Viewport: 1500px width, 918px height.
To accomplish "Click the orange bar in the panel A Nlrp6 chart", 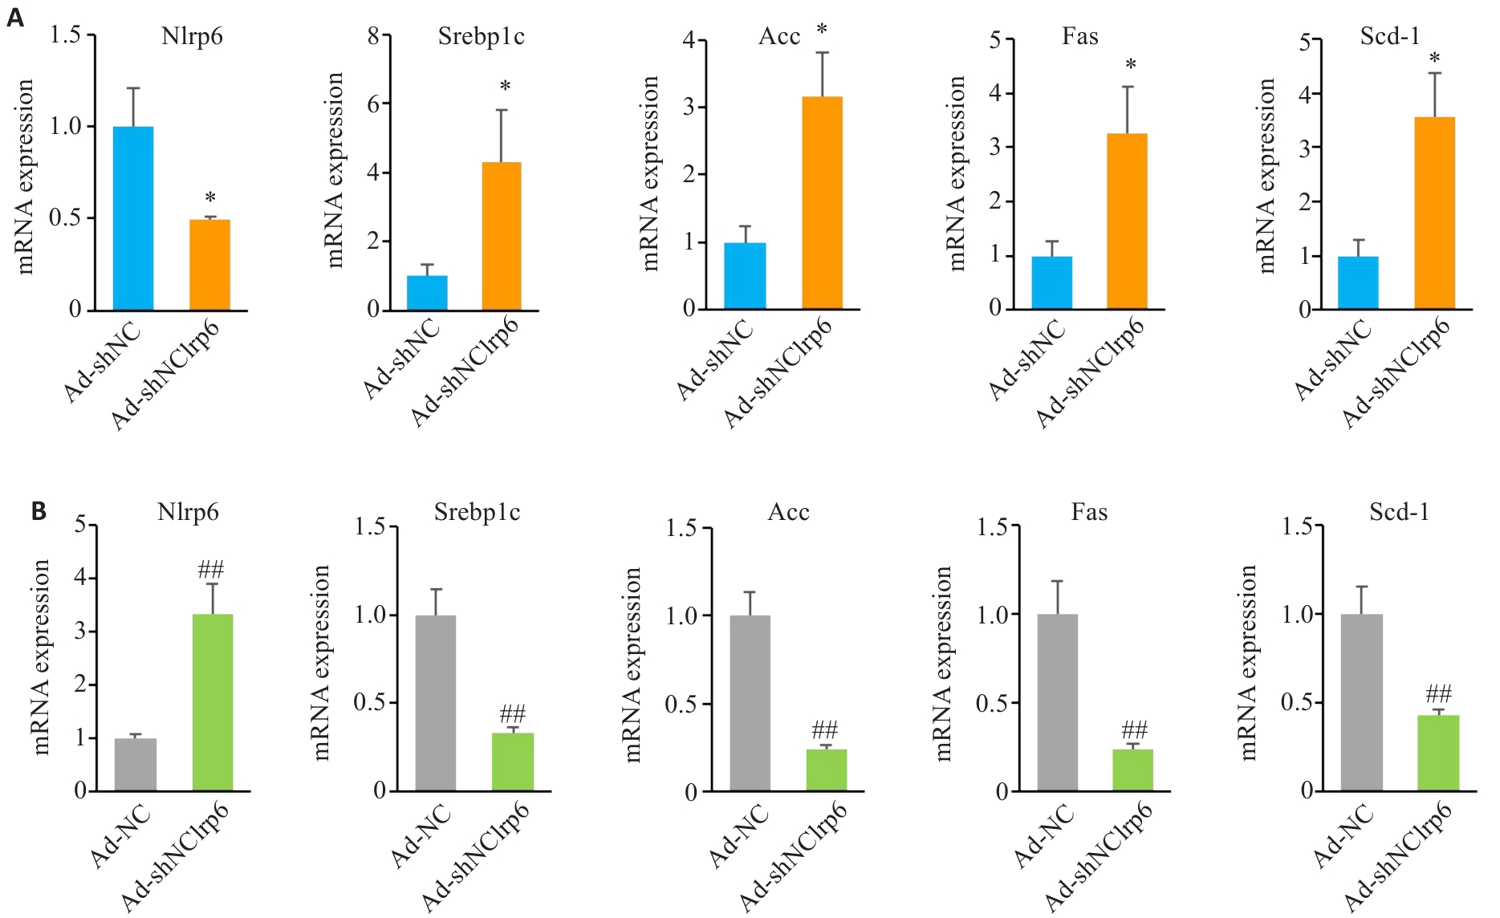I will pyautogui.click(x=209, y=265).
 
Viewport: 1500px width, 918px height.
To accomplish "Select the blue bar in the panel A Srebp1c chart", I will pyautogui.click(x=427, y=293).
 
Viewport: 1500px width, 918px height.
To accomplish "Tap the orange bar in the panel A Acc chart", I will pyautogui.click(x=822, y=203).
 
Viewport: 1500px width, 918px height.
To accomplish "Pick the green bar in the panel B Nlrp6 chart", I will pyautogui.click(x=213, y=702).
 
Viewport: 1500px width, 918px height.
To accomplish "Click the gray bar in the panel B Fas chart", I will pyautogui.click(x=1057, y=702).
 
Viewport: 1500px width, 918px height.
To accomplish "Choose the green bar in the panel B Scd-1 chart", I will pyautogui.click(x=1438, y=753).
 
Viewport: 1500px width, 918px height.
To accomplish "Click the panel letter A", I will pyautogui.click(x=15, y=18).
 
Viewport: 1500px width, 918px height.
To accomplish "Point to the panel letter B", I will pyautogui.click(x=39, y=511).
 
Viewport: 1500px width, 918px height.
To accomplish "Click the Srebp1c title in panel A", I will pyautogui.click(x=481, y=37).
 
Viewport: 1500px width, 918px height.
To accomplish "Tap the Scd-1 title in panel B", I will pyautogui.click(x=1399, y=512).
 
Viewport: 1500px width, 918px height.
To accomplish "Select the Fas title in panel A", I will pyautogui.click(x=1079, y=37).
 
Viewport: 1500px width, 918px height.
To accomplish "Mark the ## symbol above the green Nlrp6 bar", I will pyautogui.click(x=211, y=571).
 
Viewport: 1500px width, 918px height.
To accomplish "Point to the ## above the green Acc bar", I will pyautogui.click(x=825, y=730).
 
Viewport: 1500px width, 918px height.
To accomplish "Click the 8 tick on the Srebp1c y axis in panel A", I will pyautogui.click(x=373, y=36).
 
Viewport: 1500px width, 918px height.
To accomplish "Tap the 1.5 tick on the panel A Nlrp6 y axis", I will pyautogui.click(x=65, y=35).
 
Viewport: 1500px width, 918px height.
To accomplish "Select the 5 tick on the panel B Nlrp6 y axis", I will pyautogui.click(x=80, y=525).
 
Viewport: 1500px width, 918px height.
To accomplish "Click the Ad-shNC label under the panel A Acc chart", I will pyautogui.click(x=714, y=359).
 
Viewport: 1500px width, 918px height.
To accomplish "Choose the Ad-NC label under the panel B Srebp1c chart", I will pyautogui.click(x=421, y=837).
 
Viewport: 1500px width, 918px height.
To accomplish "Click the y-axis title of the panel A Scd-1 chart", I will pyautogui.click(x=1266, y=175).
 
